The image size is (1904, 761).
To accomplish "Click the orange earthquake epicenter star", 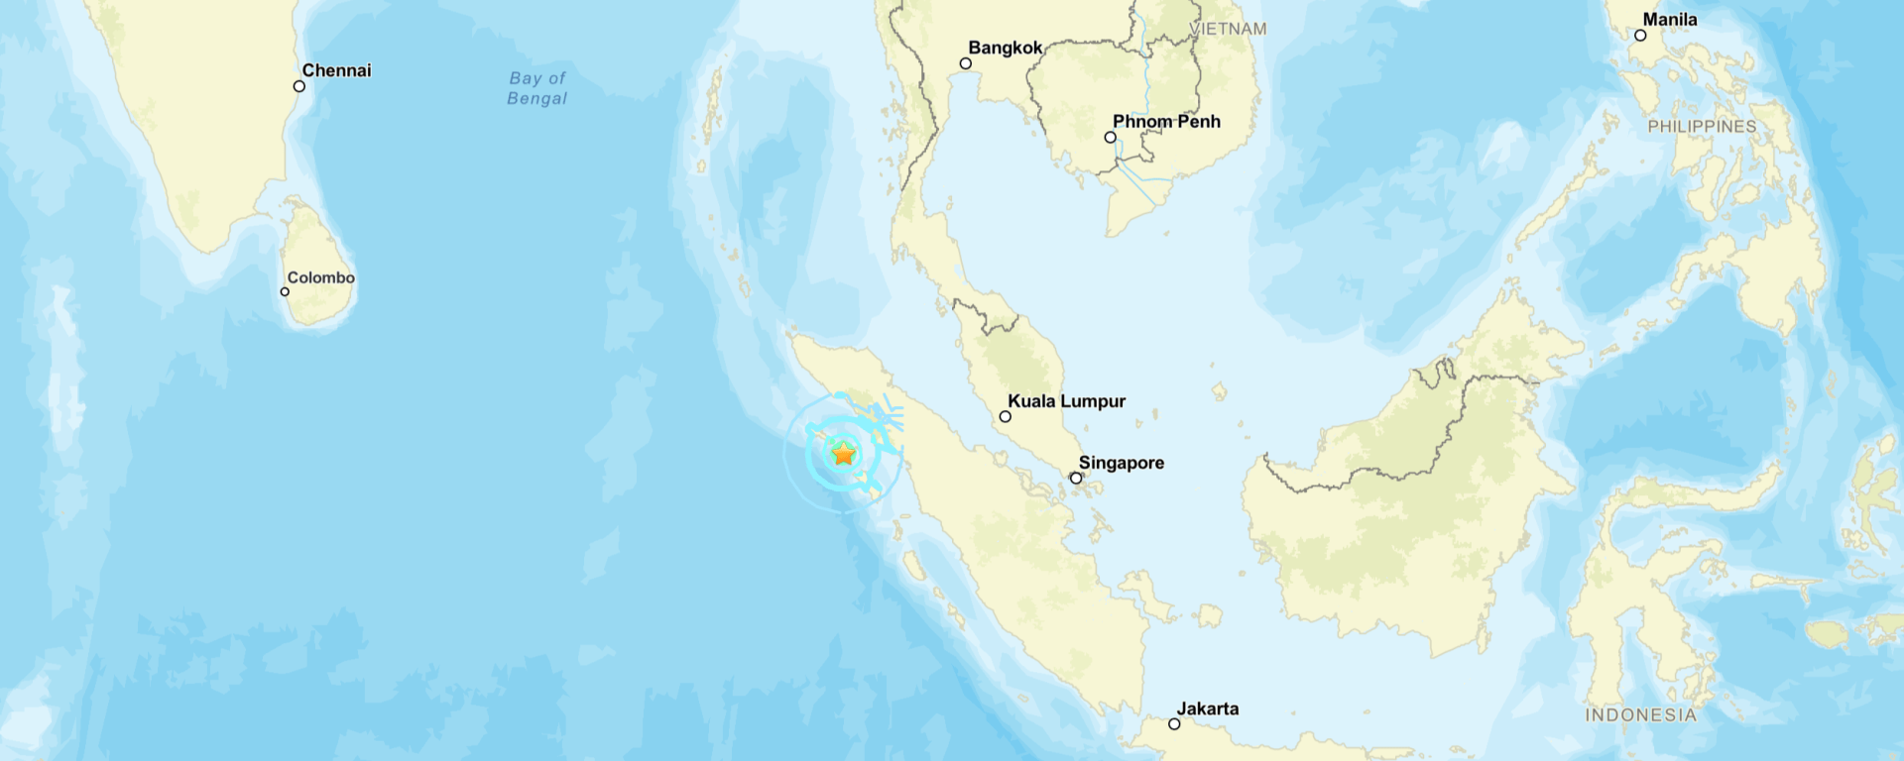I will [x=843, y=454].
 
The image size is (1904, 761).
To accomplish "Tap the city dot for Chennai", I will [x=299, y=86].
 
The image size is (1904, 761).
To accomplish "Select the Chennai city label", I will [x=336, y=70].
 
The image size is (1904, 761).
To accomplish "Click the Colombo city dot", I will [x=285, y=291].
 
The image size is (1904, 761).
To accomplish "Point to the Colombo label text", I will [x=320, y=277].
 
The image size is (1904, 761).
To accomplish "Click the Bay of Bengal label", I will [x=536, y=88].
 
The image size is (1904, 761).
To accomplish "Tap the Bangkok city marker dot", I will [x=965, y=63].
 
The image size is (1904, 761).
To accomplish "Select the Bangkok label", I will [x=1005, y=48].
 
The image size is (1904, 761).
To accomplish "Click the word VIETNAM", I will [x=1228, y=29].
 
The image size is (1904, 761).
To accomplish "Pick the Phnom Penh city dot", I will [x=1110, y=137].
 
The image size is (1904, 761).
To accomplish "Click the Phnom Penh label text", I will [x=1166, y=121].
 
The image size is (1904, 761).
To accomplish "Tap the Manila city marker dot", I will [x=1640, y=36].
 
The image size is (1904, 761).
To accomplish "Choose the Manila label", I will [x=1670, y=19].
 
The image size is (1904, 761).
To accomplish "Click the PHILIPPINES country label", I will [x=1702, y=127].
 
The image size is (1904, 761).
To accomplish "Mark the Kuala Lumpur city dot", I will [x=1005, y=416].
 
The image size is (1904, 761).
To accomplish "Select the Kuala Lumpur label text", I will [x=1066, y=401].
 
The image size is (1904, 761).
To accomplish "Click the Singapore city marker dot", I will [x=1076, y=479].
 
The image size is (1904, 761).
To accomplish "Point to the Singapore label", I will [x=1121, y=463].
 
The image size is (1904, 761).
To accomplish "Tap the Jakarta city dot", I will [x=1174, y=724].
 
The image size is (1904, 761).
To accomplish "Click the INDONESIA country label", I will [x=1640, y=714].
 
